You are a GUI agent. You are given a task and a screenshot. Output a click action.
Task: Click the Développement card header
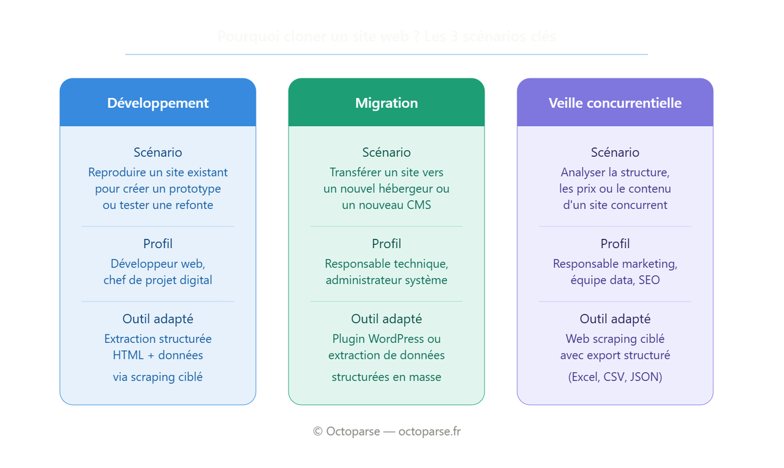[157, 103]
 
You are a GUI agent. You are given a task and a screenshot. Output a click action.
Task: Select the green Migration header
[386, 103]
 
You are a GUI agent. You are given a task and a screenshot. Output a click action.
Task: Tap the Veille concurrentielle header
[615, 103]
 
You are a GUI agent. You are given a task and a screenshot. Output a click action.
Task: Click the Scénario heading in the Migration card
[386, 153]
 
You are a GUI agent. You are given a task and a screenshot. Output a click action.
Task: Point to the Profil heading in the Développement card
[158, 244]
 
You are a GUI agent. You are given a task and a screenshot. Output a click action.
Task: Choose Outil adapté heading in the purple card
[615, 319]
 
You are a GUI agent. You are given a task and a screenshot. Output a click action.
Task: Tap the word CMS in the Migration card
[419, 205]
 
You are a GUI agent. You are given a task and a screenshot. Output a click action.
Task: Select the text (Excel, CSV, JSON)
[615, 377]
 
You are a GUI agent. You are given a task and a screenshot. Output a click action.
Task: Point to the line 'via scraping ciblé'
[158, 377]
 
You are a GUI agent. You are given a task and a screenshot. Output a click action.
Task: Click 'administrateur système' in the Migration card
[386, 281]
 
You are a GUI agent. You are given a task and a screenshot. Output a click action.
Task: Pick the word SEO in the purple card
[649, 281]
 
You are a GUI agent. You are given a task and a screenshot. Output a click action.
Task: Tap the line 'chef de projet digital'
[158, 281]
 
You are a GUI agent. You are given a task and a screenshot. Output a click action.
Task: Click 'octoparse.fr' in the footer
[429, 431]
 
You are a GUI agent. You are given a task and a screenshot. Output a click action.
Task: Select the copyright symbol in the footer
[317, 431]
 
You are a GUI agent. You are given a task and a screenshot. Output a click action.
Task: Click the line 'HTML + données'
[158, 355]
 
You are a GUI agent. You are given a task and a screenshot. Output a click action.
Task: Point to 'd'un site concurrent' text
[615, 205]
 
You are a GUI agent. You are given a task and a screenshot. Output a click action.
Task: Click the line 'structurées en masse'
[386, 377]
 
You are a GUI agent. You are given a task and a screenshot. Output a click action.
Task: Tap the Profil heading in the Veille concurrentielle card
[615, 244]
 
